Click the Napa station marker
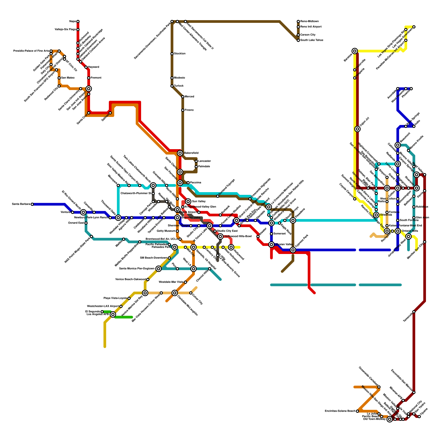[78, 21]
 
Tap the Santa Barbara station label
[21, 204]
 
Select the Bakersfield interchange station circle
[180, 153]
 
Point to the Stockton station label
[180, 54]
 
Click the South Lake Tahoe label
[312, 40]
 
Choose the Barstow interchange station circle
[355, 51]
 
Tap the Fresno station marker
[183, 110]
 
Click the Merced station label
[189, 97]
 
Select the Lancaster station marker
[196, 161]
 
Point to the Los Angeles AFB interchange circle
[113, 314]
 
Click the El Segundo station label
[93, 311]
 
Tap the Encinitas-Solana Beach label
[340, 411]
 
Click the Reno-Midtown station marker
[298, 21]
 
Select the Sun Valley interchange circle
[188, 202]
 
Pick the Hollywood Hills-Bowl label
[238, 236]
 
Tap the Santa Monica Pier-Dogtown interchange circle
[159, 269]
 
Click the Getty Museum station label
[166, 231]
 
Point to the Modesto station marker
[172, 78]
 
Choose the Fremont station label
[96, 78]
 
